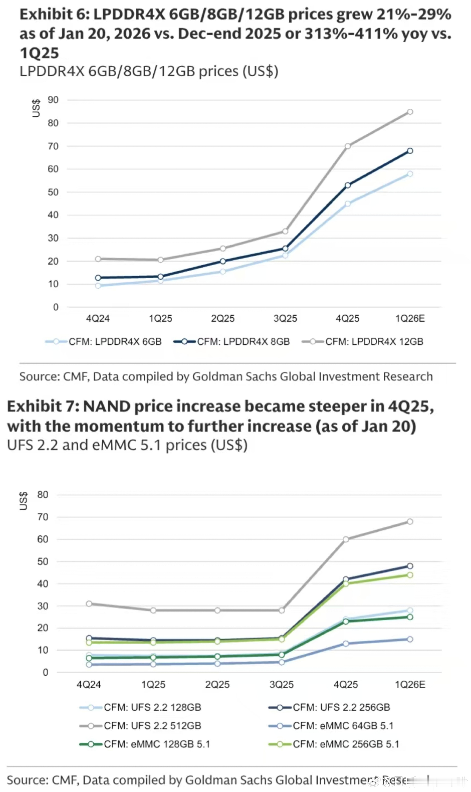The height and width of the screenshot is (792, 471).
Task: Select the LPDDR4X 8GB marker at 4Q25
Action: pyautogui.click(x=348, y=185)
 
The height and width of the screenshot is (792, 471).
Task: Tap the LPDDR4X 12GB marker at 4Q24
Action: pyautogui.click(x=98, y=259)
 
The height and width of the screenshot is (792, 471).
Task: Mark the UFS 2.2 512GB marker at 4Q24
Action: pyautogui.click(x=89, y=603)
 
